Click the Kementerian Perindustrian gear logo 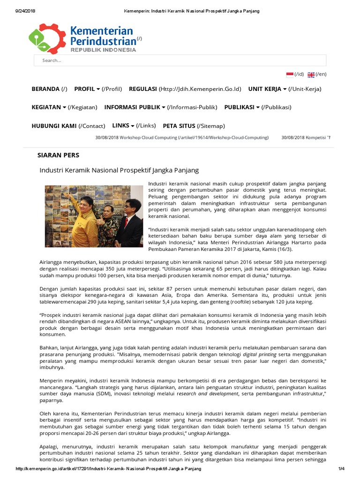point(47,38)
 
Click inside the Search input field point(180,60)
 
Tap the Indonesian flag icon point(290,75)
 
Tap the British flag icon point(311,75)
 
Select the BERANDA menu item point(45,89)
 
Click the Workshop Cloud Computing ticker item point(182,137)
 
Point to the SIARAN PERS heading point(58,155)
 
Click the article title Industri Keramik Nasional point(119,170)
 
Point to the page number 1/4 point(341,469)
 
